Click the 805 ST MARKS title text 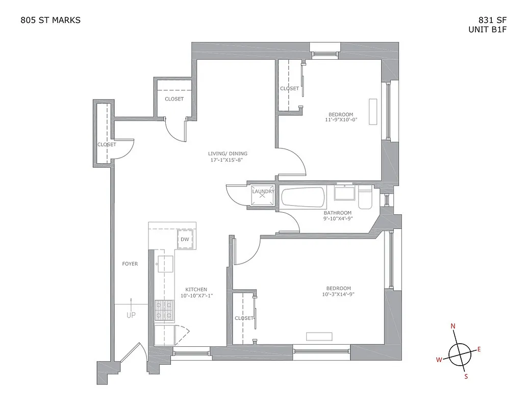(50, 20)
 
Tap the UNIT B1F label (488, 30)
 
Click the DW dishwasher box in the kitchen (185, 240)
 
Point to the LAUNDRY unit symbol (263, 194)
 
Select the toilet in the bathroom (365, 197)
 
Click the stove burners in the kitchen (164, 311)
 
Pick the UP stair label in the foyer (131, 315)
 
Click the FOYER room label (130, 264)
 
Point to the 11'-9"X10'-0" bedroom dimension (341, 120)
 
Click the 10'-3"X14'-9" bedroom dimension (339, 294)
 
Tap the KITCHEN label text (196, 290)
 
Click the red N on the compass (452, 326)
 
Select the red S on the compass (466, 377)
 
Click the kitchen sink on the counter (165, 264)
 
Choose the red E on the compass (479, 349)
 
